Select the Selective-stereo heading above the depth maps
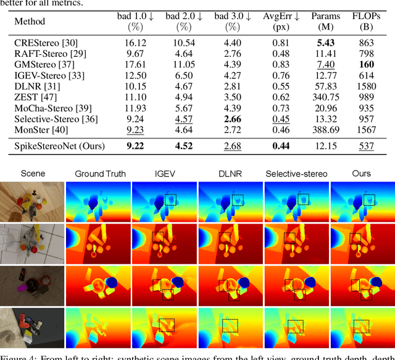tap(296, 174)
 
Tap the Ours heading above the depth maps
tap(362, 174)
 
